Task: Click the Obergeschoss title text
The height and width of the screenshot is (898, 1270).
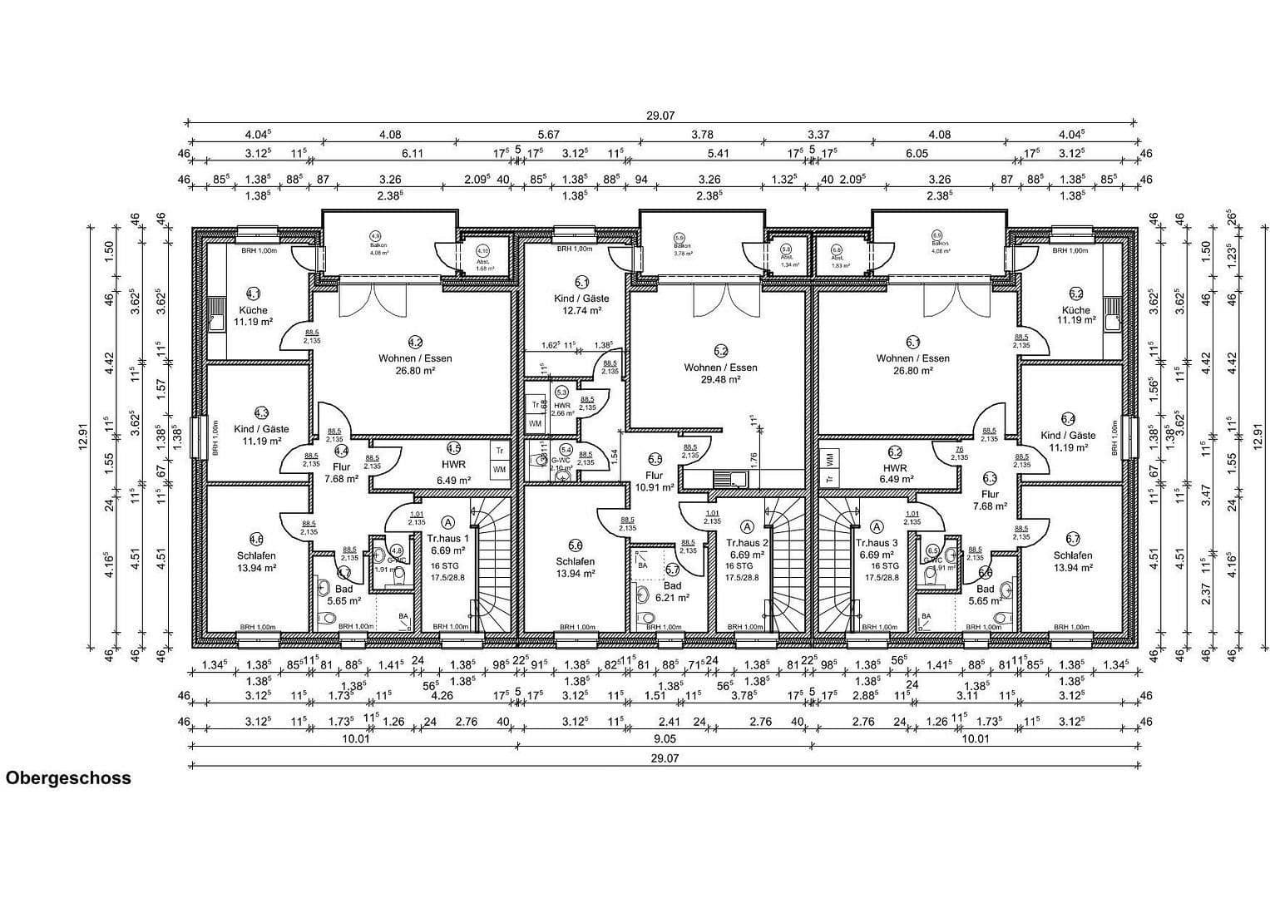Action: [68, 779]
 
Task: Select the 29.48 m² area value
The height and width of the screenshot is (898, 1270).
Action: [720, 379]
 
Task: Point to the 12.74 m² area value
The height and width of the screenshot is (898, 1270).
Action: [581, 310]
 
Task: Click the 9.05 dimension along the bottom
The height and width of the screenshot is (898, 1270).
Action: [664, 738]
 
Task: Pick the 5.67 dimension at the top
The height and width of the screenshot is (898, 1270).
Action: [548, 135]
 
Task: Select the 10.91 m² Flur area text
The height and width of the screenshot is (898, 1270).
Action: [655, 488]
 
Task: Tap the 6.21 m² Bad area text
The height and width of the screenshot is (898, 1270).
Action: [672, 598]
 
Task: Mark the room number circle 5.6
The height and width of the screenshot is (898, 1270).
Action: [575, 545]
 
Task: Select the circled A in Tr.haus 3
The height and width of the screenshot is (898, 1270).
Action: [877, 525]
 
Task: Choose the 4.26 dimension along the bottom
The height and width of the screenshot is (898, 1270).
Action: [442, 695]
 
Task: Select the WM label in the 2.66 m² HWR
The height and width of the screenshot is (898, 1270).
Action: [534, 423]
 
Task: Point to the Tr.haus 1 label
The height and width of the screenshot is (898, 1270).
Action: [448, 538]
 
